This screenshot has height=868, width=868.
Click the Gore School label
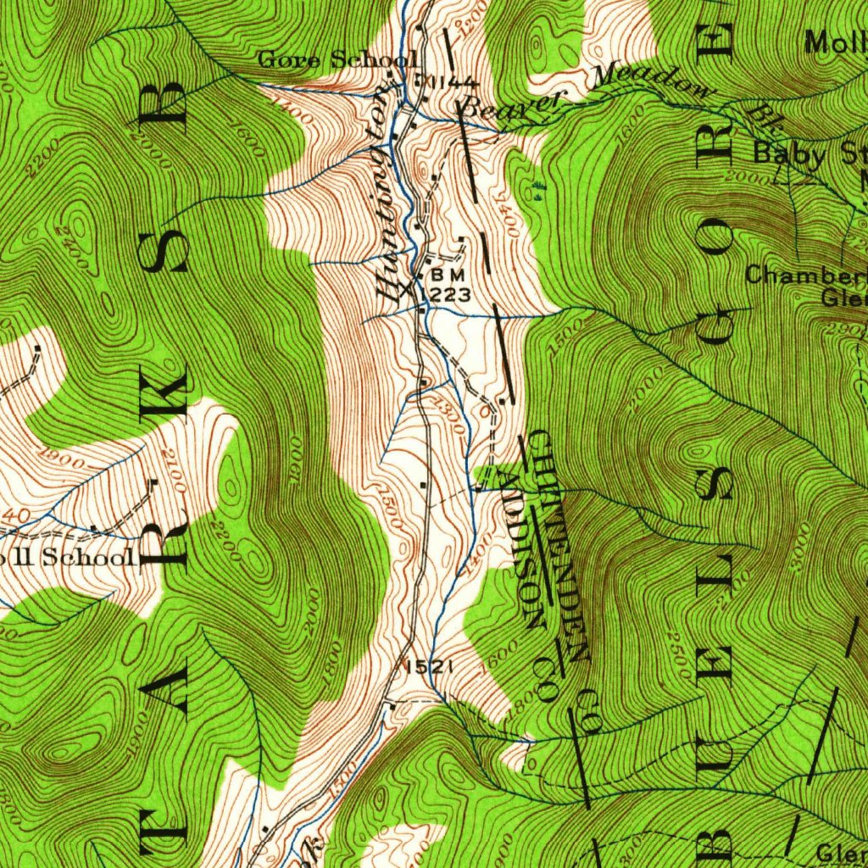coord(337,59)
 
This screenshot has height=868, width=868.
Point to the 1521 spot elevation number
coord(426,668)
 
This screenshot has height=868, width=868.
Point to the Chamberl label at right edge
coord(805,275)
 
